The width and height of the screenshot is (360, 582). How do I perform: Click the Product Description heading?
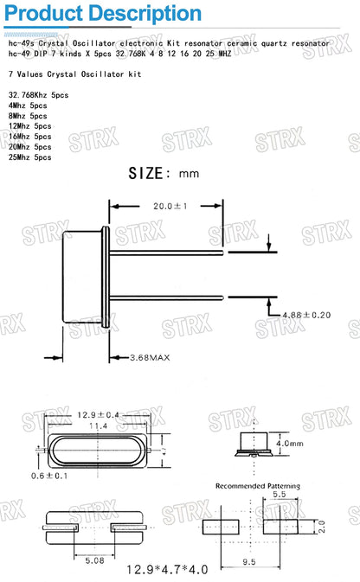click(x=102, y=14)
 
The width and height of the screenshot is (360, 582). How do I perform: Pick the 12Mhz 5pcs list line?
click(x=31, y=126)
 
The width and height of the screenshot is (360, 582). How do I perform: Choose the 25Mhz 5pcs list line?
click(x=31, y=157)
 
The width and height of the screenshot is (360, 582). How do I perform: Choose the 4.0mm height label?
click(x=291, y=444)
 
